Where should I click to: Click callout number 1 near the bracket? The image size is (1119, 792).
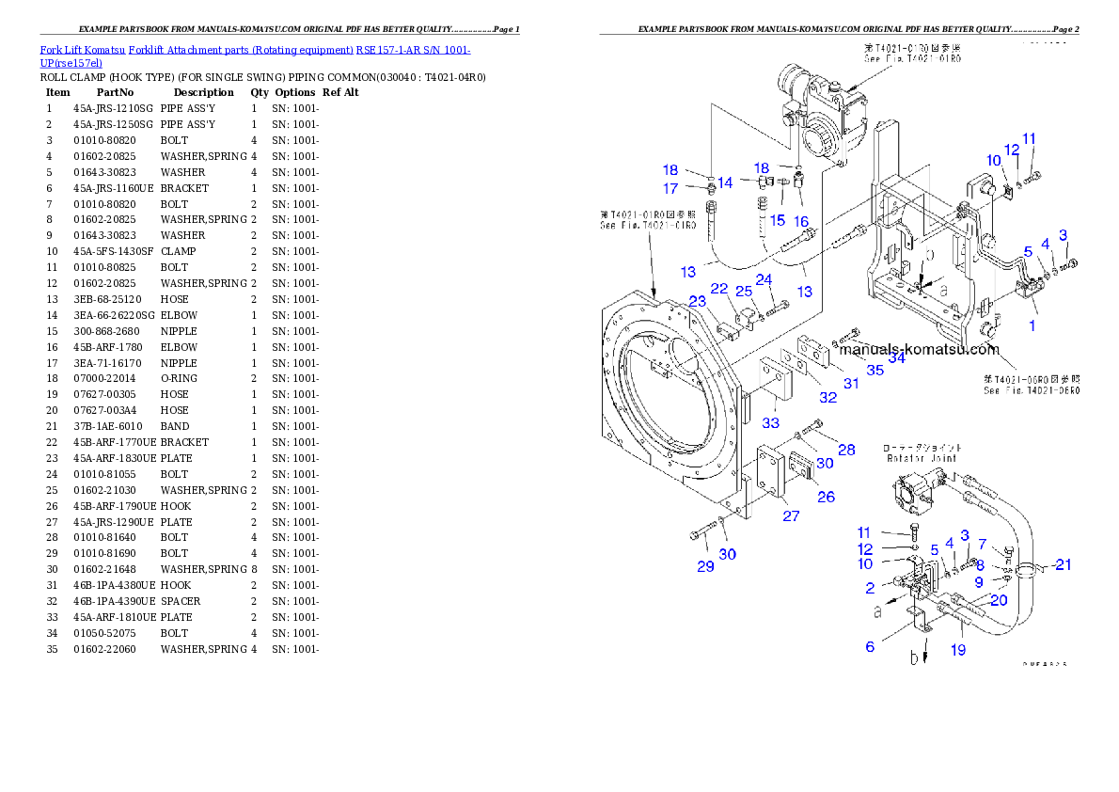click(x=1032, y=325)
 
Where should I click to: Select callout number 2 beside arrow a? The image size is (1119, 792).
click(x=871, y=588)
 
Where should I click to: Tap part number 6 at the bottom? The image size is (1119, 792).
click(x=871, y=646)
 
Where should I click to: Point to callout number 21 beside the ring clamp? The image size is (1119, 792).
click(x=1063, y=564)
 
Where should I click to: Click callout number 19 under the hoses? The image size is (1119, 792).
click(x=957, y=649)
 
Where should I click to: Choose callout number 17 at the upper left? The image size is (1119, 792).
click(x=670, y=189)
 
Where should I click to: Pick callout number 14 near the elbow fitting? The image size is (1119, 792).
click(x=725, y=182)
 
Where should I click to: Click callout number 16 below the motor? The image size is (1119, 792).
click(x=801, y=220)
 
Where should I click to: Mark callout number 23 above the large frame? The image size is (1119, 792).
click(x=698, y=301)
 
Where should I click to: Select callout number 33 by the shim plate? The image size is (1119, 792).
click(x=771, y=423)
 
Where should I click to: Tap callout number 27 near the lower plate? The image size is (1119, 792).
click(x=791, y=515)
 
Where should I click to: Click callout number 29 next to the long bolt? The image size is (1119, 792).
click(x=705, y=565)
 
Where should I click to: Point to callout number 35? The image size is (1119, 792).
click(x=875, y=371)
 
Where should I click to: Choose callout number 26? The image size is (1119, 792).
click(x=826, y=496)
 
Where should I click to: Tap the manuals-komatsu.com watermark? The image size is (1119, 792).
click(x=918, y=349)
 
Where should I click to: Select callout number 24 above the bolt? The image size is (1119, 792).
click(x=764, y=279)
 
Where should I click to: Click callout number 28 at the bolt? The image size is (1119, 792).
click(x=846, y=450)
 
